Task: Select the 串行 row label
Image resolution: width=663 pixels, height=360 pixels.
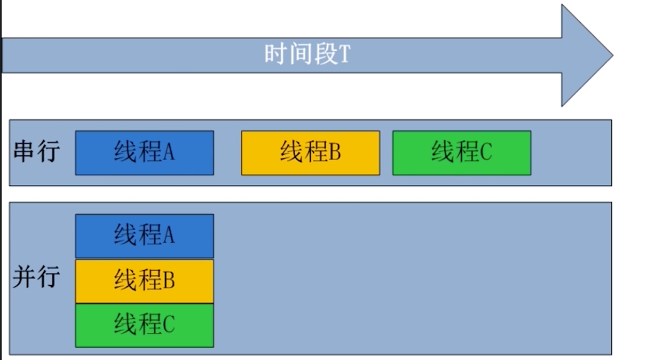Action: [x=36, y=152]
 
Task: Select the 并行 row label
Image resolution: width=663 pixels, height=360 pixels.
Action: [x=36, y=278]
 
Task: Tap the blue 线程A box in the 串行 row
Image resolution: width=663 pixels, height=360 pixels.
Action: [x=144, y=153]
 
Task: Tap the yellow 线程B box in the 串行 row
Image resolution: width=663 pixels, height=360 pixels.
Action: [x=310, y=153]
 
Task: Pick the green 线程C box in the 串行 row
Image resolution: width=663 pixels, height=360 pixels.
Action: [x=461, y=153]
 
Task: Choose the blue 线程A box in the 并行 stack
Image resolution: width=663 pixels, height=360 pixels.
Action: [x=144, y=236]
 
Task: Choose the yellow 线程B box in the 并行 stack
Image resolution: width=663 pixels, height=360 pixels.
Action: [x=144, y=281]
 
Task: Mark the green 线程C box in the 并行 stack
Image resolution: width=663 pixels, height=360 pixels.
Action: [x=144, y=325]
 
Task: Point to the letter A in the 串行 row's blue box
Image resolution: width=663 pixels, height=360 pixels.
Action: [x=169, y=153]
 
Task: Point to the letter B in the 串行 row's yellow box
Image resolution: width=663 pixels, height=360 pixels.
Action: [x=335, y=153]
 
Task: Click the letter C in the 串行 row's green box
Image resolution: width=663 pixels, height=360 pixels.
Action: [x=486, y=153]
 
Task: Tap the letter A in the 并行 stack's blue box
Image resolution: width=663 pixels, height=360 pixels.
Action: [x=169, y=236]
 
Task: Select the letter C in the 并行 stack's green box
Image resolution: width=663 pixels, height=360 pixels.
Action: [x=169, y=325]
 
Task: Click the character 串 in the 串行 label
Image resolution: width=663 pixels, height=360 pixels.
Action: [x=24, y=152]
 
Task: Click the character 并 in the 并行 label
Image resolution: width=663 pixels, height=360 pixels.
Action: [x=24, y=278]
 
